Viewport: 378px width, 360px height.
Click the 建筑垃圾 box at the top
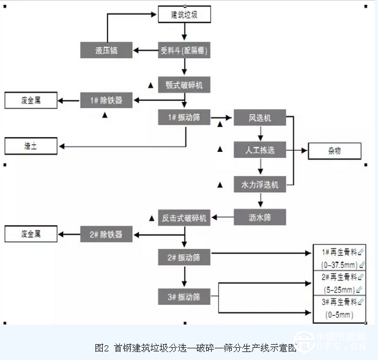[184, 14]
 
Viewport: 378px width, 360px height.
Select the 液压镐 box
[106, 50]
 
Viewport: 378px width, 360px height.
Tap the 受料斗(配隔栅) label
[184, 50]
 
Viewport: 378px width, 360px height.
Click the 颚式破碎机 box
[184, 84]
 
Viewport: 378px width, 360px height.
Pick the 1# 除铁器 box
[106, 100]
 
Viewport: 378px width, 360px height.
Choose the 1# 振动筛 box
[184, 118]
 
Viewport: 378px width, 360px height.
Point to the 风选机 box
[260, 118]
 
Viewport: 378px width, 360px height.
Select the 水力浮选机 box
[260, 184]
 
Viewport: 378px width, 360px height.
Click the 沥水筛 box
[260, 217]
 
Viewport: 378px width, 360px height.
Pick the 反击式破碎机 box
[184, 217]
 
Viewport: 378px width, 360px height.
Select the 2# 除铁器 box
[106, 234]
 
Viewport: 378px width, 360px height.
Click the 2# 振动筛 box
[184, 258]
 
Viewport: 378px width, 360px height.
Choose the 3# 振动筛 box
[184, 297]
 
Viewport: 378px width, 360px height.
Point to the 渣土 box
[30, 146]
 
